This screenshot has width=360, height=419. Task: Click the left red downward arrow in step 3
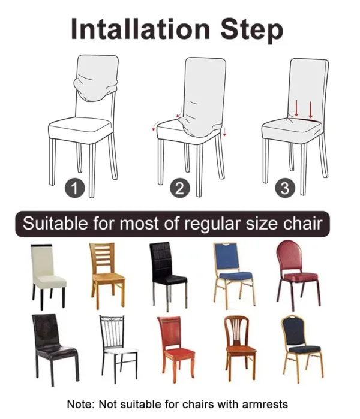[296, 108]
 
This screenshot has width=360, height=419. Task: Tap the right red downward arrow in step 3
[311, 108]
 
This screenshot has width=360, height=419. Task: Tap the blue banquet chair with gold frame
[232, 273]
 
